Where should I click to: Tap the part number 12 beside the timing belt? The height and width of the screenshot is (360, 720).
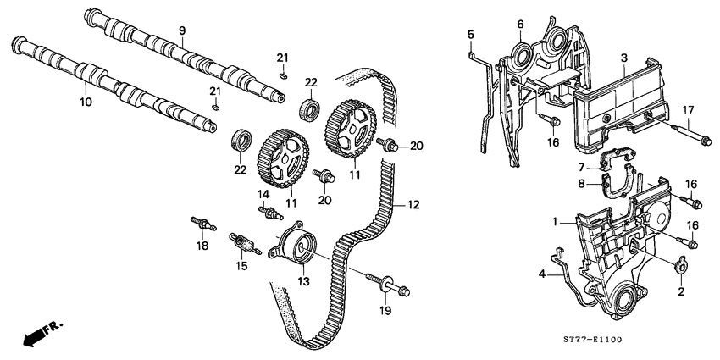[414, 204]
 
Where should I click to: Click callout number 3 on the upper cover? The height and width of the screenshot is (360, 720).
[623, 58]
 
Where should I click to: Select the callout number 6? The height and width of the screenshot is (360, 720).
[520, 24]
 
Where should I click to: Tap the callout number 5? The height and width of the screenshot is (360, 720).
[470, 34]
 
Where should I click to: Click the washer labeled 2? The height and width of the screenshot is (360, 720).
[678, 271]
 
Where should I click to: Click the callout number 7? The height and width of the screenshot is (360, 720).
[582, 167]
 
